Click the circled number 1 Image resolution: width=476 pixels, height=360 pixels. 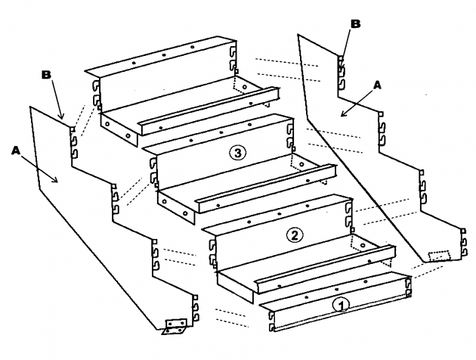[x=341, y=305]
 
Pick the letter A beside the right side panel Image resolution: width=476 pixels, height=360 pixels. [x=379, y=87]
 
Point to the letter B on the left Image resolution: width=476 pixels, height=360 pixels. [x=46, y=76]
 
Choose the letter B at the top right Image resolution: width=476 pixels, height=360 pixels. [x=355, y=23]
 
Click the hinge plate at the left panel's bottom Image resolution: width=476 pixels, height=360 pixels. [x=175, y=326]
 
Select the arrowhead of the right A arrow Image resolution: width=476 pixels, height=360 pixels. [x=342, y=115]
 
